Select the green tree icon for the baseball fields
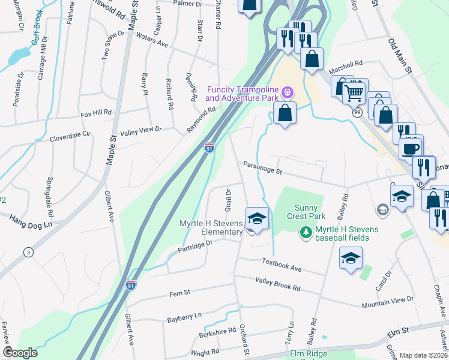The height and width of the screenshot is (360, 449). [x=306, y=232]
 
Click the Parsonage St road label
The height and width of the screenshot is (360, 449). [x=262, y=169]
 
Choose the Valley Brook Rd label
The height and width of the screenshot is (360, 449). [x=277, y=284]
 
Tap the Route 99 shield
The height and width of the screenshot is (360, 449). [x=357, y=113]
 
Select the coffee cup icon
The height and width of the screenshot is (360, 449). [x=411, y=148]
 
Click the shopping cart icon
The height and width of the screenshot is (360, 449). [x=355, y=92]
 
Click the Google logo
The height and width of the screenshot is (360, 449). [x=20, y=353]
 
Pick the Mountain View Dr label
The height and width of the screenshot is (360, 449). [x=387, y=302]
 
